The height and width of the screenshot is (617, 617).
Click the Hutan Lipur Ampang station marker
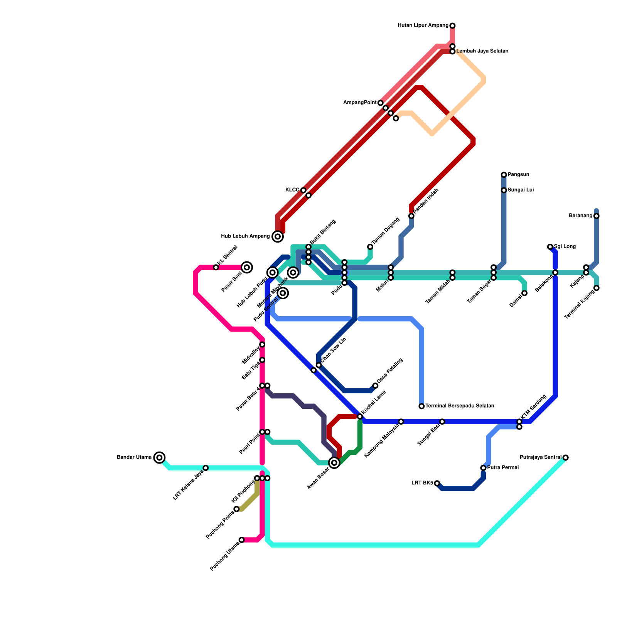tap(452, 26)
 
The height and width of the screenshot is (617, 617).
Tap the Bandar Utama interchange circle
tap(159, 457)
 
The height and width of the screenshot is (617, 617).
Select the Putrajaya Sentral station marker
tap(565, 458)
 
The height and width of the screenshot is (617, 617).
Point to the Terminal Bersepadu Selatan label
tap(460, 406)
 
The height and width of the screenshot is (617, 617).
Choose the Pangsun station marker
tap(504, 175)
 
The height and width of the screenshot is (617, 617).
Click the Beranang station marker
tap(597, 216)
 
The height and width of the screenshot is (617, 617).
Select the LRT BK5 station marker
tap(437, 483)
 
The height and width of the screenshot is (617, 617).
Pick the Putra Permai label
tap(503, 468)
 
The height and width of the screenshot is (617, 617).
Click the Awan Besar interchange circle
tap(334, 463)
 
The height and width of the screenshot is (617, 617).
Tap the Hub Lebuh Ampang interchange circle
tap(278, 236)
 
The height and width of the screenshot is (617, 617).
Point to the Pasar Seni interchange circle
tap(247, 267)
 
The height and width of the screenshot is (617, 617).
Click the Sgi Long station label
tap(565, 247)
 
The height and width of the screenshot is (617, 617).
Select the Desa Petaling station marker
tap(375, 386)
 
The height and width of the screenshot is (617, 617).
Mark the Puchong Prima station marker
tap(237, 509)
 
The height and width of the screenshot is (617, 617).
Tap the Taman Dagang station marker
tap(370, 247)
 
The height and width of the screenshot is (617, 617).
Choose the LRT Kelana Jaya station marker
tap(206, 468)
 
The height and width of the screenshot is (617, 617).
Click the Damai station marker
tap(524, 293)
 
